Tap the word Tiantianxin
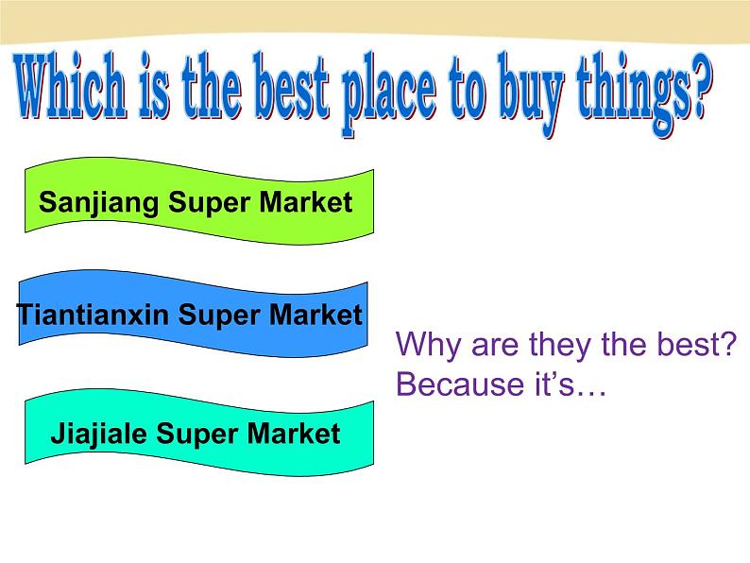(x=94, y=315)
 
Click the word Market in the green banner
(x=303, y=201)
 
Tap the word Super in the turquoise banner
(x=197, y=434)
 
